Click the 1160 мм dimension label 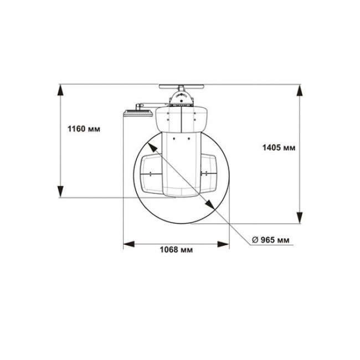pos(84,129)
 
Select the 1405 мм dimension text pos(279,148)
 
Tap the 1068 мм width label pos(176,250)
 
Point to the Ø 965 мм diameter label pos(271,240)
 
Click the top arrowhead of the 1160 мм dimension pos(60,90)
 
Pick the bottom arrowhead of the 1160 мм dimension pos(60,192)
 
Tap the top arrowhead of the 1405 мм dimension pos(300,90)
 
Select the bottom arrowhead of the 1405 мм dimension pos(300,218)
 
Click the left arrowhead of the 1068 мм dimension pos(129,244)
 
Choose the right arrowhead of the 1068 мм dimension pos(223,244)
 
